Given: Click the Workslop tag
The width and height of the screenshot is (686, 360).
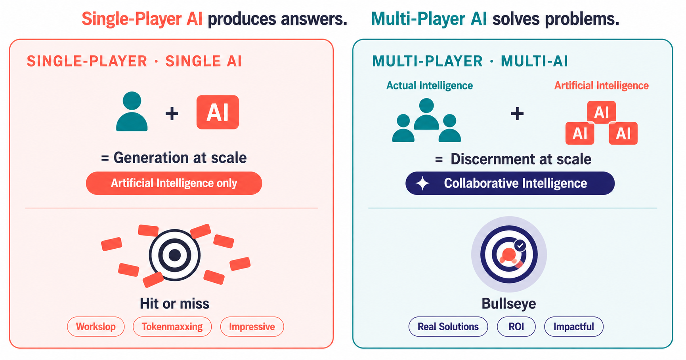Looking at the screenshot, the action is [96, 327].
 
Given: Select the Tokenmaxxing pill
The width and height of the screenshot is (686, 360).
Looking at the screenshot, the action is [172, 327].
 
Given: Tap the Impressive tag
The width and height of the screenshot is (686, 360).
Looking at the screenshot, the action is [252, 327].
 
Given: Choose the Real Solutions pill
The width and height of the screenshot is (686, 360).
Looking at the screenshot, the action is [448, 327].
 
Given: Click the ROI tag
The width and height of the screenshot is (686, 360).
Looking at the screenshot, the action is [516, 327].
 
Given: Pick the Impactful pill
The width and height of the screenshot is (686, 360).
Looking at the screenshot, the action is [574, 327].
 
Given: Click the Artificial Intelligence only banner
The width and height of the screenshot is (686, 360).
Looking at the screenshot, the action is [174, 183].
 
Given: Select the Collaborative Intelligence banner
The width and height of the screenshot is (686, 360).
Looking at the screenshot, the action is [510, 183].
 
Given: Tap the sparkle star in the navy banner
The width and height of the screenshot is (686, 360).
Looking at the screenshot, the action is [422, 183].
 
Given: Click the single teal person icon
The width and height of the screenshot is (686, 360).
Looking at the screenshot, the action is [132, 112].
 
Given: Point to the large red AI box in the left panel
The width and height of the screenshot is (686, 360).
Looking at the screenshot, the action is [218, 112].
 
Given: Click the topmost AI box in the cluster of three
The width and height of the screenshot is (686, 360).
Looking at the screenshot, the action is [602, 112].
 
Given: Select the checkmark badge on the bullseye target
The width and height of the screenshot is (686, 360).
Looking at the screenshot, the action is [520, 246].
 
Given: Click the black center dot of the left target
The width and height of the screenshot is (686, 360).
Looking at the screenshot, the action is [175, 255].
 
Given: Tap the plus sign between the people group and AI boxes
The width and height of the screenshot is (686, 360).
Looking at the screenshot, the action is [517, 114].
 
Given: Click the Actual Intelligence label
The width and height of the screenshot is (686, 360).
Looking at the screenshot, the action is [430, 86].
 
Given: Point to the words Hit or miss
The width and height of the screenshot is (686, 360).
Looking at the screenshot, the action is [174, 304].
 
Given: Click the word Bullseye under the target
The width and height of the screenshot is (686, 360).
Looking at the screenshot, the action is [509, 304].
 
